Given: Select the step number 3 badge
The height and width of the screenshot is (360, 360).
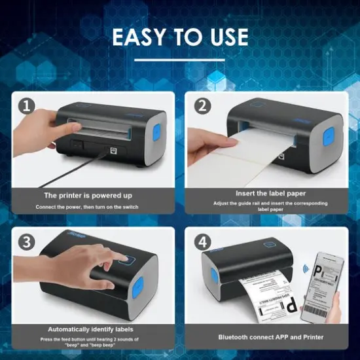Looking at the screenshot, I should pyautogui.click(x=27, y=241).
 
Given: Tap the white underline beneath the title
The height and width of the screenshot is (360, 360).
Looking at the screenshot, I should pyautogui.click(x=179, y=60).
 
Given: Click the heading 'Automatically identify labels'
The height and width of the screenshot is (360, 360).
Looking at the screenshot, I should pyautogui.click(x=91, y=329).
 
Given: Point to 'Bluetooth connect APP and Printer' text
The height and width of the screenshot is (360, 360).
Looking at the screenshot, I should pyautogui.click(x=270, y=336).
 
